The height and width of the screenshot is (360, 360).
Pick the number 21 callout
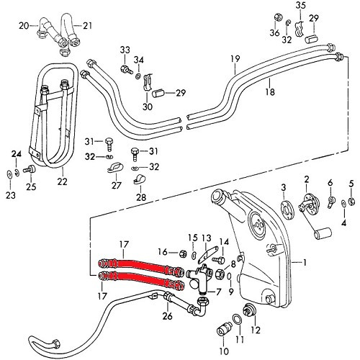click(x=88, y=26)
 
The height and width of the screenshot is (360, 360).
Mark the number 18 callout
click(x=268, y=92)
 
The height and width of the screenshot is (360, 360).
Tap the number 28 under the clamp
click(x=141, y=197)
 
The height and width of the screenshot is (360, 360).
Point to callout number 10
click(x=222, y=353)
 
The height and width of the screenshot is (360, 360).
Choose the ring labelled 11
click(x=238, y=319)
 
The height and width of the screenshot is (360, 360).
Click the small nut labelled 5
click(x=351, y=201)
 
